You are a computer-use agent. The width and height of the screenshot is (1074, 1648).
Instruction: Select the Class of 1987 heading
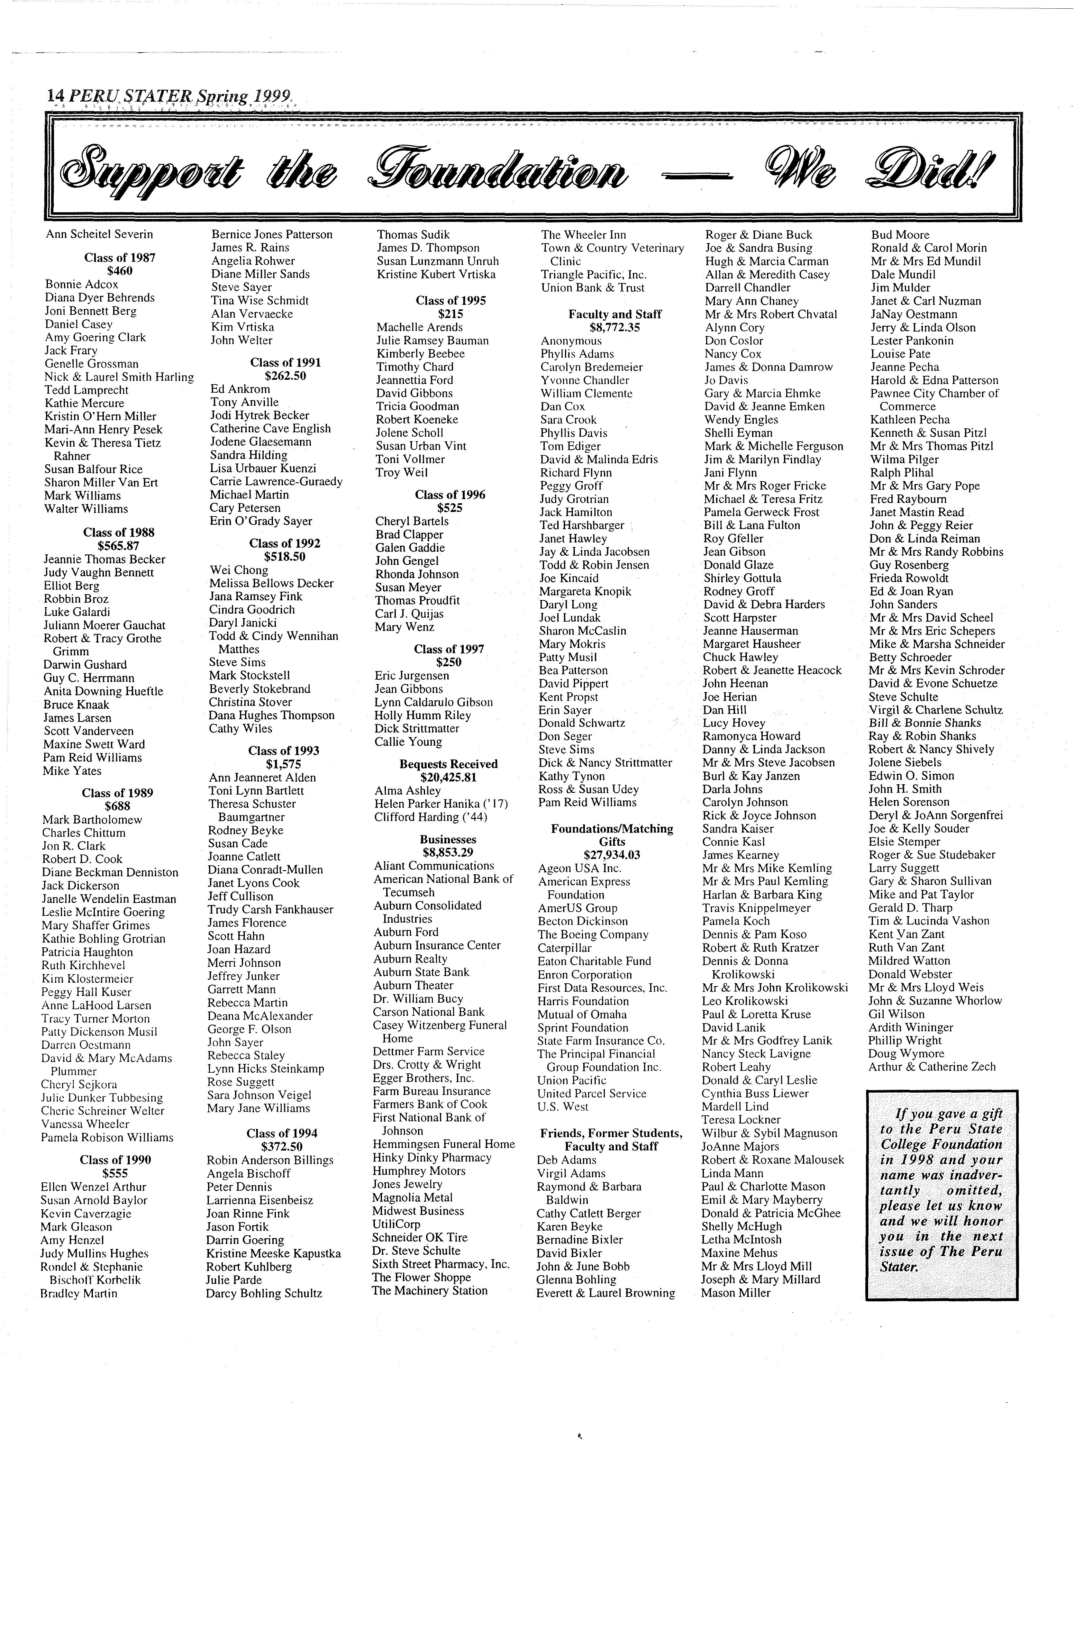[120, 258]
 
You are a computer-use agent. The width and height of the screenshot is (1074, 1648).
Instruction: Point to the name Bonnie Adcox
[82, 285]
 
